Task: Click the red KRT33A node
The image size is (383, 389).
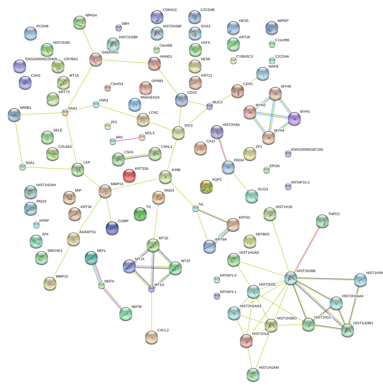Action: click(x=129, y=176)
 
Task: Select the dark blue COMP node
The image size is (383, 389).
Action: click(x=112, y=228)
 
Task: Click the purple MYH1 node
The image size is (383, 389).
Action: click(x=294, y=119)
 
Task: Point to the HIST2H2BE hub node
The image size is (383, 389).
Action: click(x=290, y=278)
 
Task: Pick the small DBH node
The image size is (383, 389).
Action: click(x=118, y=28)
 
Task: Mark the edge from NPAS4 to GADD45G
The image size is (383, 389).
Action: click(x=87, y=41)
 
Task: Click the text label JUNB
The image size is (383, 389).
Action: click(x=176, y=170)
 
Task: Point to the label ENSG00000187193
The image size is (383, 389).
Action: click(x=307, y=150)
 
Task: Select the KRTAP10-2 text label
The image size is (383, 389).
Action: click(x=300, y=183)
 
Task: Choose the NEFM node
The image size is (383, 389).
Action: click(x=125, y=314)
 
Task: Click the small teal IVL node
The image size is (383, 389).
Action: click(x=196, y=209)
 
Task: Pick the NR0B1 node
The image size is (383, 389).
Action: click(x=14, y=115)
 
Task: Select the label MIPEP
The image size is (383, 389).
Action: click(x=283, y=21)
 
